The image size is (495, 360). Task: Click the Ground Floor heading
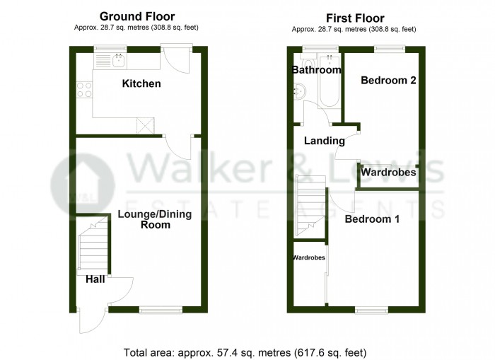coord(137,16)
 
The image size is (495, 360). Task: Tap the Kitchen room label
coord(141,84)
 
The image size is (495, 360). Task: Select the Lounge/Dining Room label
coord(144,219)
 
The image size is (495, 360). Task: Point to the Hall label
coord(95,279)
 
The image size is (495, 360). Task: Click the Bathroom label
coord(316,70)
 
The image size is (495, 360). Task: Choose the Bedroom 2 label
coord(388,81)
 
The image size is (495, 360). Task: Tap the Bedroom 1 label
coord(372,219)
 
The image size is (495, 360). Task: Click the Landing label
coord(324,141)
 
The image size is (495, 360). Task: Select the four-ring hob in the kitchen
coord(85,90)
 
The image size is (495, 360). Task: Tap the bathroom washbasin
coord(301,90)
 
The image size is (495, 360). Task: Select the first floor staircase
coord(310,205)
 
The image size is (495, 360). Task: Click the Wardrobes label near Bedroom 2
coord(388,172)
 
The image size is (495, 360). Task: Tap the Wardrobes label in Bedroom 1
coord(309,257)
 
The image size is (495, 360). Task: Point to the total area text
coord(245,352)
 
